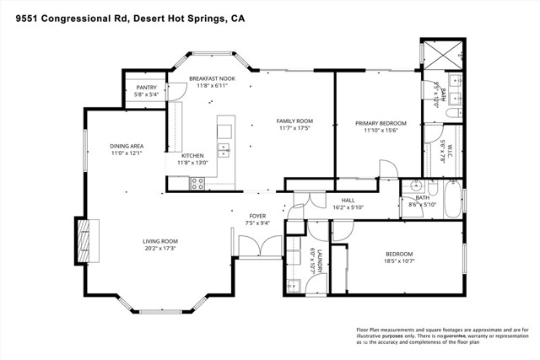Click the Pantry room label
pyautogui.click(x=145, y=88)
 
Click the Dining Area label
pyautogui.click(x=127, y=146)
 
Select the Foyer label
pyautogui.click(x=256, y=216)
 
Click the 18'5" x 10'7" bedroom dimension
pyautogui.click(x=399, y=261)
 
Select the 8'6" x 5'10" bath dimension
pyautogui.click(x=422, y=205)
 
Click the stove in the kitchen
pyautogui.click(x=200, y=181)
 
